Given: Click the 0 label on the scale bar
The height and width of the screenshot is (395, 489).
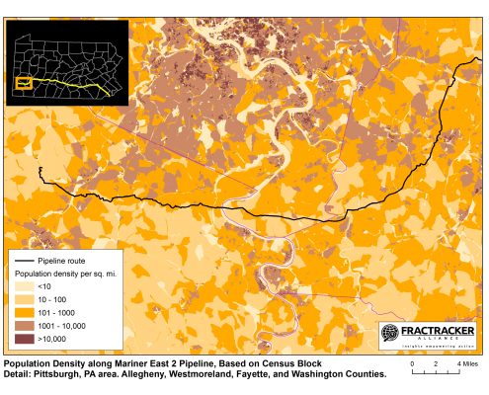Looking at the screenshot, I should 411,364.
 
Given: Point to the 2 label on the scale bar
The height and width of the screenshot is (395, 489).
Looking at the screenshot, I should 436,364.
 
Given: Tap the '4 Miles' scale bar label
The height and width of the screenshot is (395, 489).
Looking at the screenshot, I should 466,364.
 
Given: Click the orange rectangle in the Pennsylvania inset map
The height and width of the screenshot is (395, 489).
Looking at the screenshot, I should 25,83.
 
